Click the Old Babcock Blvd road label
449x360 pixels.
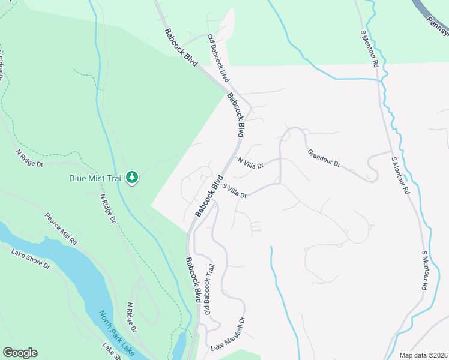[218, 58]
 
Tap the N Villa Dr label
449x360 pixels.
[250, 163]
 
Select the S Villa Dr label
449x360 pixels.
[235, 191]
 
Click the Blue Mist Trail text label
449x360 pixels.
[96, 178]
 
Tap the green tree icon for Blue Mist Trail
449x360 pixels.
[132, 178]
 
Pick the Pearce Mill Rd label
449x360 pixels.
[61, 228]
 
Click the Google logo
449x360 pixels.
[20, 353]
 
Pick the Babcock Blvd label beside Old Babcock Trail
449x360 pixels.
[193, 280]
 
